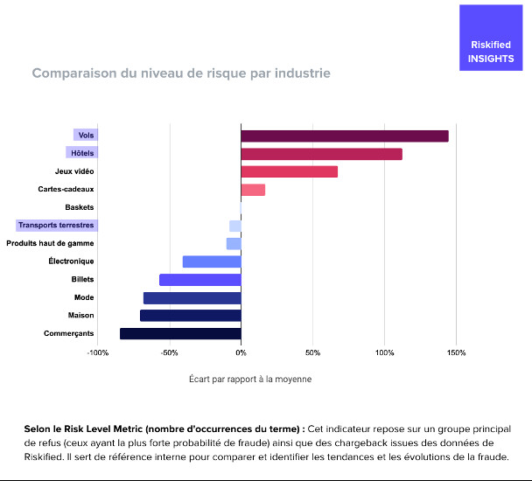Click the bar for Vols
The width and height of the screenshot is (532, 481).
[x=344, y=136]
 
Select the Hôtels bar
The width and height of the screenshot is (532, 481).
[x=321, y=154]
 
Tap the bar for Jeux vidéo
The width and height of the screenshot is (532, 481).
[x=289, y=171]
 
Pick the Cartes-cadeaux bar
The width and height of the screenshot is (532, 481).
[x=253, y=190]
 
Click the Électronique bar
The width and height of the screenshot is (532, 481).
[x=212, y=261]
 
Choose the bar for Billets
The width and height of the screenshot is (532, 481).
[x=200, y=280]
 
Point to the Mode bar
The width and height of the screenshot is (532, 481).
[x=192, y=297]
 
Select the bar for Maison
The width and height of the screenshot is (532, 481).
[x=191, y=316]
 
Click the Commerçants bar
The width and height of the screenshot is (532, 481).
[x=180, y=333]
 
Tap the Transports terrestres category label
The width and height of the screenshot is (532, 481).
[x=55, y=226]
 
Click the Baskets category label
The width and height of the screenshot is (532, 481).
[x=80, y=207]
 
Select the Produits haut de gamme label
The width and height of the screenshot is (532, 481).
[x=50, y=243]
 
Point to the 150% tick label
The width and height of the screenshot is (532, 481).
[x=456, y=352]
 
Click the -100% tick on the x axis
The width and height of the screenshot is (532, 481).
[x=98, y=352]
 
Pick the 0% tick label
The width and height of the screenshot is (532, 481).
[x=241, y=352]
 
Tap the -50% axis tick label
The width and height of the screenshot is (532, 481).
[x=170, y=352]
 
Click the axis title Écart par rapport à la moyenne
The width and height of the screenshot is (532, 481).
[x=250, y=380]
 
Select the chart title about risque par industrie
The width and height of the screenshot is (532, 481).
[x=181, y=73]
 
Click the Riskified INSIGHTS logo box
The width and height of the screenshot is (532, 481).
[x=492, y=38]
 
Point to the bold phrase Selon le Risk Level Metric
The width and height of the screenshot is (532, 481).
[x=164, y=429]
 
